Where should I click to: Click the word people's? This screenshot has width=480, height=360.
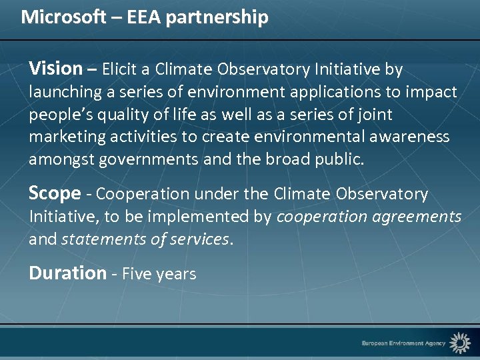(x=59, y=115)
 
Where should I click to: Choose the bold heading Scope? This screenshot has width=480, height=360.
(x=55, y=194)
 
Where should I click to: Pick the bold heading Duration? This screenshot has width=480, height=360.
(x=67, y=273)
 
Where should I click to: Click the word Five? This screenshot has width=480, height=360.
(x=136, y=274)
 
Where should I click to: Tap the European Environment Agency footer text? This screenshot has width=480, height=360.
(x=403, y=343)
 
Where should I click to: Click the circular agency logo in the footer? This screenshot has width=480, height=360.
(x=459, y=343)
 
